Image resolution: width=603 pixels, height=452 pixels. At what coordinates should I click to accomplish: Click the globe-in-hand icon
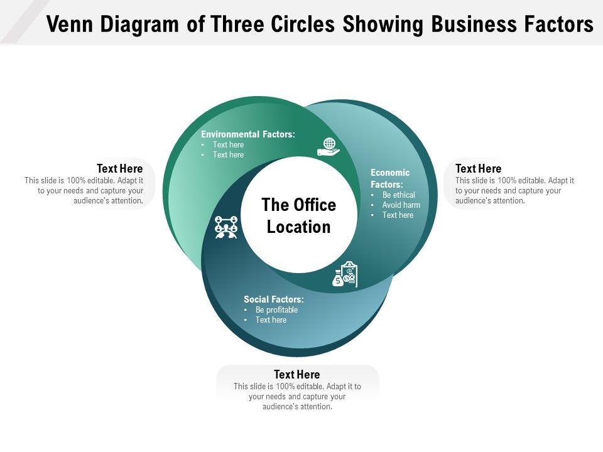(328, 147)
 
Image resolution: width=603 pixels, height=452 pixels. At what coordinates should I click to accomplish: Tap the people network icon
(226, 227)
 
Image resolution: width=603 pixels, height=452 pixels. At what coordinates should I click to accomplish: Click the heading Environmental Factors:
(248, 134)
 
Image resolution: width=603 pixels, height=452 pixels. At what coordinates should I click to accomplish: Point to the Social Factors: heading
(274, 299)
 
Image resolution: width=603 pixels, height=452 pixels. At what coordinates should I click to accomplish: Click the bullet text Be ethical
(399, 195)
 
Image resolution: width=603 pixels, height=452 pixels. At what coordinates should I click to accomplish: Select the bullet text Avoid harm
(401, 205)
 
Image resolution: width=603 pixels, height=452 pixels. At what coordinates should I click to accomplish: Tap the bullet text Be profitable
(276, 309)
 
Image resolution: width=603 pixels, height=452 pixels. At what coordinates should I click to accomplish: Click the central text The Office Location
(299, 216)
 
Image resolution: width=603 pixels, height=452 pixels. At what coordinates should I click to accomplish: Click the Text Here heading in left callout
(119, 169)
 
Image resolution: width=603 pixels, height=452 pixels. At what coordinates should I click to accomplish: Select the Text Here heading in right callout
(478, 169)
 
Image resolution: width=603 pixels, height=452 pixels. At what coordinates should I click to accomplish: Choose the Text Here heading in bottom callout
(296, 375)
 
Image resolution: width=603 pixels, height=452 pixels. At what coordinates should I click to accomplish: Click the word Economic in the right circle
(390, 173)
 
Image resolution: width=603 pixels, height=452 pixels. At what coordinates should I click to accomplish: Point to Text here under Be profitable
(271, 320)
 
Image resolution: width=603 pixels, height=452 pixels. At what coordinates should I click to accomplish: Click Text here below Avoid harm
(398, 215)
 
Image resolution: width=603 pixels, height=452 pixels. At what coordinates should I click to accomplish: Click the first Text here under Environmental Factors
(228, 144)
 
